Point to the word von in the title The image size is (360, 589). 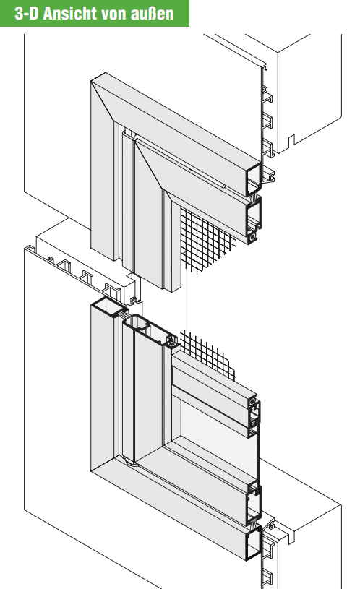click(111, 14)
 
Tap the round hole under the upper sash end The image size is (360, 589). click(253, 237)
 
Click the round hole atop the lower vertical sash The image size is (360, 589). click(172, 344)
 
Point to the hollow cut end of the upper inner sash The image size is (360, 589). click(254, 215)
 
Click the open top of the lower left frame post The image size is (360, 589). click(108, 306)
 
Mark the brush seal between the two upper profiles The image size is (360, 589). click(254, 198)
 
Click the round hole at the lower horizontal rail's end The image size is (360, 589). click(252, 402)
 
